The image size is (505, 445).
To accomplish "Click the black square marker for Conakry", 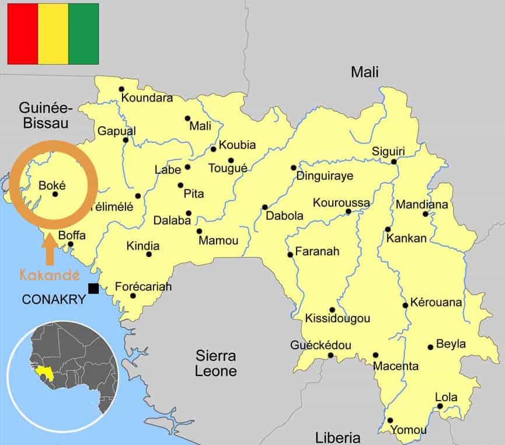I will pyautogui.click(x=93, y=288).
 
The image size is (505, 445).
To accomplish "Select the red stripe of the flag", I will pyautogui.click(x=22, y=33).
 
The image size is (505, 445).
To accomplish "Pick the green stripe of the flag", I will pyautogui.click(x=83, y=33).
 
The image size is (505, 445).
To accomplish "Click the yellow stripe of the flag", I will pyautogui.click(x=53, y=33).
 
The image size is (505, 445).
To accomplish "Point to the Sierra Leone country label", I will pyautogui.click(x=215, y=363).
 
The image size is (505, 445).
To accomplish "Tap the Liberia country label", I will pyautogui.click(x=337, y=437).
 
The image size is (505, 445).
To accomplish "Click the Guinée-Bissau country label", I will pyautogui.click(x=44, y=115).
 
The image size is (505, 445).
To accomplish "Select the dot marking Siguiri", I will pyautogui.click(x=394, y=162).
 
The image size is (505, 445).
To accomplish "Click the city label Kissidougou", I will pyautogui.click(x=337, y=319).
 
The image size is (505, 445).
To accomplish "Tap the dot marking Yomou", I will pyautogui.click(x=390, y=420).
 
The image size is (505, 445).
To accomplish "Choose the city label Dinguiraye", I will pyautogui.click(x=325, y=176).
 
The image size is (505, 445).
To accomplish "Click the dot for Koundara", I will pyautogui.click(x=121, y=89).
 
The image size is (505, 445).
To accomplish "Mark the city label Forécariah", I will pyautogui.click(x=143, y=287).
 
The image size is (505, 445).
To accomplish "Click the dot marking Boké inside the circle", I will pyautogui.click(x=55, y=194).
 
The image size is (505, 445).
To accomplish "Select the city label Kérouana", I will pyautogui.click(x=436, y=303).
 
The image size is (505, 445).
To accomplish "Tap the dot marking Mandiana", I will pyautogui.click(x=426, y=214).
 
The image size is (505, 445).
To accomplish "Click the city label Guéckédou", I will pyautogui.click(x=321, y=346).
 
